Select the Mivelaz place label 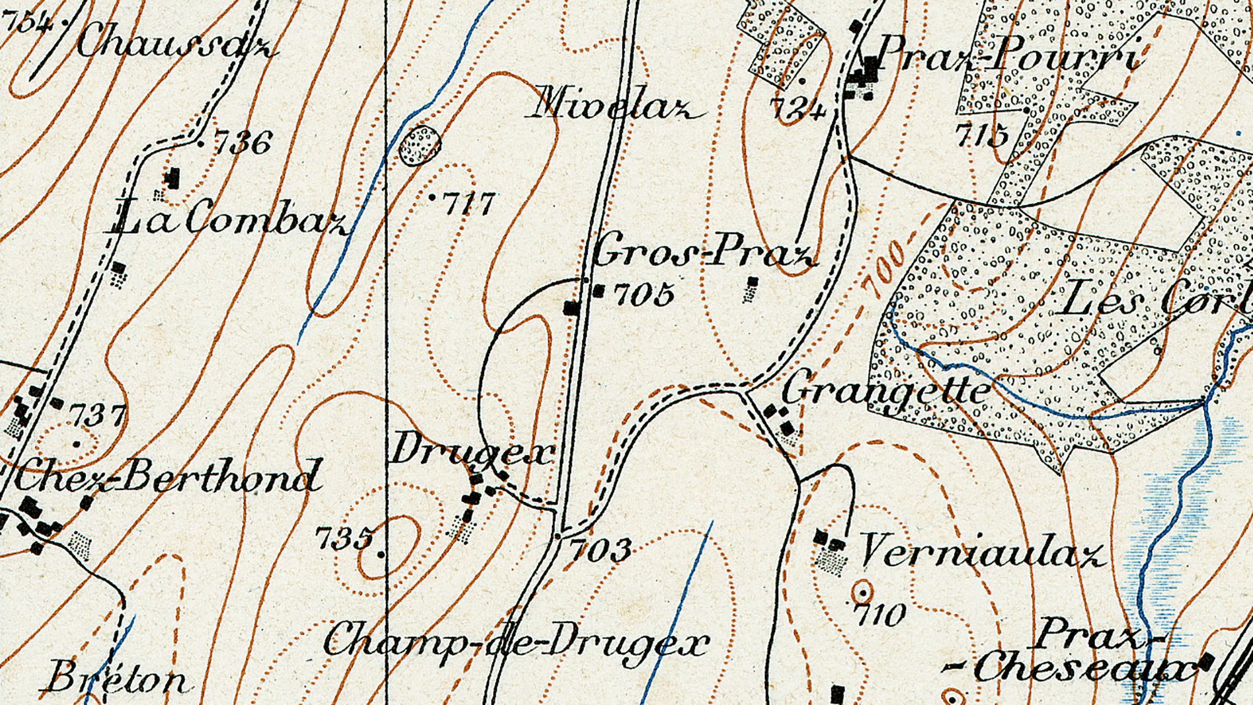[617, 105]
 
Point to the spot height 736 [243, 143]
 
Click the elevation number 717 [469, 204]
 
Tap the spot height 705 [644, 293]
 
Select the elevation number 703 [600, 550]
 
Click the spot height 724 [797, 110]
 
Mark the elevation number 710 [880, 614]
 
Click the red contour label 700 [885, 268]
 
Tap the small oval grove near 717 [420, 145]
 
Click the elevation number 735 [345, 538]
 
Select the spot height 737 [97, 415]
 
